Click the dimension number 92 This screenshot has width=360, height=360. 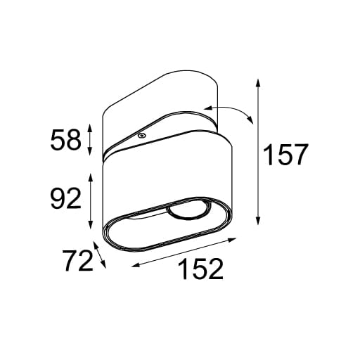click(x=65, y=200)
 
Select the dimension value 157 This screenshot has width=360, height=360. click(x=285, y=154)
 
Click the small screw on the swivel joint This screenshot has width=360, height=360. click(x=141, y=134)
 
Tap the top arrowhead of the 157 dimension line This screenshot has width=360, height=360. click(x=259, y=82)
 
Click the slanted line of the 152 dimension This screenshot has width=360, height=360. click(x=183, y=253)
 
